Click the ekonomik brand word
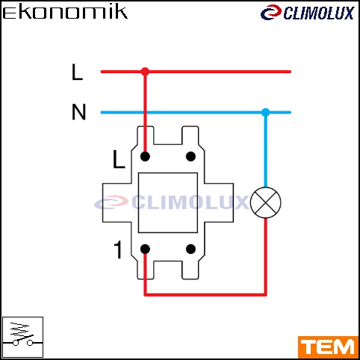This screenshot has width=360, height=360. [x=65, y=13]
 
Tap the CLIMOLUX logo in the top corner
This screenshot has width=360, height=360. [x=307, y=13]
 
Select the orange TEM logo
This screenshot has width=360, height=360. [x=328, y=347]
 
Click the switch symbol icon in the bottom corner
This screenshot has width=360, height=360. [x=22, y=337]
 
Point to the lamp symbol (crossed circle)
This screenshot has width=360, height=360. [x=266, y=202]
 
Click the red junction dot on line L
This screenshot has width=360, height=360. [x=145, y=72]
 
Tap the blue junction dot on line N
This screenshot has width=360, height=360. [x=266, y=112]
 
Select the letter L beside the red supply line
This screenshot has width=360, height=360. [x=77, y=72]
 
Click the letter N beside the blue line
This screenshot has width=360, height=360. [x=78, y=112]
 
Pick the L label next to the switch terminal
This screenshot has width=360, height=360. [x=119, y=159]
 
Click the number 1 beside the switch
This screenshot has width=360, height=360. [x=118, y=249]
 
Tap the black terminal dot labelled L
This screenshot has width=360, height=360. [x=145, y=157]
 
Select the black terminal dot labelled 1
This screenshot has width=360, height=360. [x=145, y=249]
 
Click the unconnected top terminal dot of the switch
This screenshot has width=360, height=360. [x=190, y=157]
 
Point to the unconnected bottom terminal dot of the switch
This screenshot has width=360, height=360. [x=190, y=249]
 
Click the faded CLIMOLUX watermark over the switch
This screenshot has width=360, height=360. [x=172, y=202]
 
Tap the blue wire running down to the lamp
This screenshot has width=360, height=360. [x=266, y=149]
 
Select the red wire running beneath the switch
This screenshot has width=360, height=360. [x=205, y=295]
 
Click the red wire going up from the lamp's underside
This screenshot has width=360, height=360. [x=266, y=256]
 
